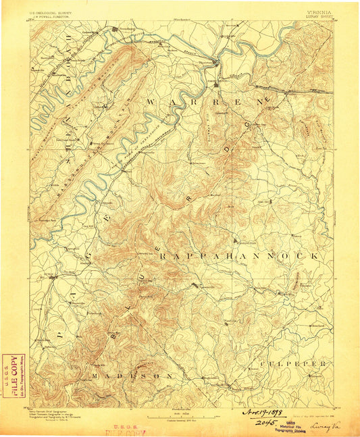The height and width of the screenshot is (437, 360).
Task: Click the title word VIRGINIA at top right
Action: coord(318,12)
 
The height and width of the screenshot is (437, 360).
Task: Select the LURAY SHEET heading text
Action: coord(319,17)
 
